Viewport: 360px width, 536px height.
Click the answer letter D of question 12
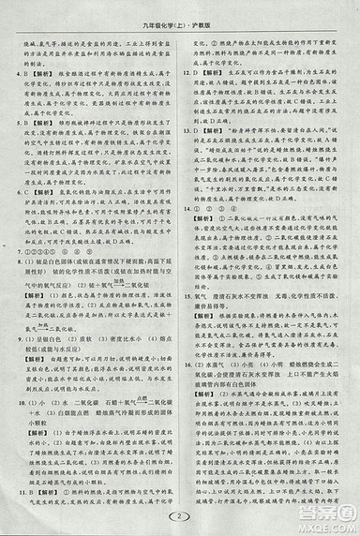tap(201, 70)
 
